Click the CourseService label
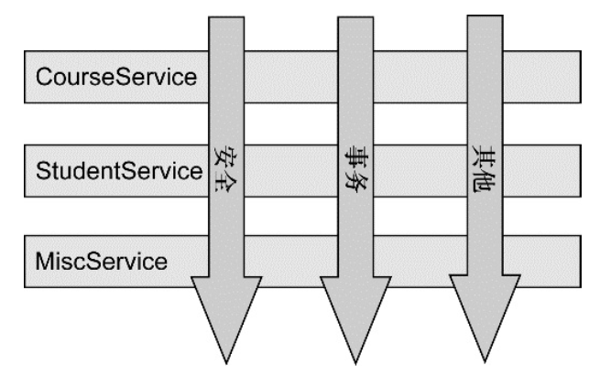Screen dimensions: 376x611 [115, 76]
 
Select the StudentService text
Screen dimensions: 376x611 [118, 169]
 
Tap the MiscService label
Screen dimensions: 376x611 [102, 262]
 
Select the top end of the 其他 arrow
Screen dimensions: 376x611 [485, 20]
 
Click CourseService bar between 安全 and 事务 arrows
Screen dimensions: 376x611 [290, 76]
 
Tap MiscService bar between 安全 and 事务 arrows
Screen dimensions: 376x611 [290, 262]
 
